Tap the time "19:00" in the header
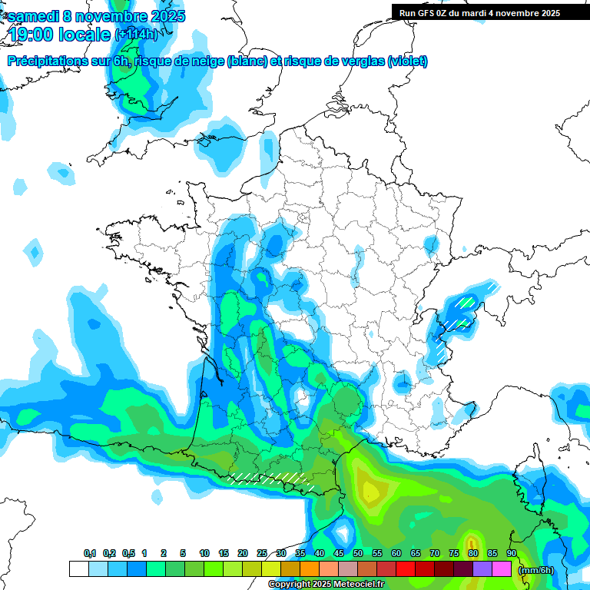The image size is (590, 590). tap(35, 35)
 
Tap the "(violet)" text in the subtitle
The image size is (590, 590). tap(408, 61)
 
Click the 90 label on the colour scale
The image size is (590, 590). tap(511, 554)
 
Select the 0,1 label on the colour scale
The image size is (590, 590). tap(89, 554)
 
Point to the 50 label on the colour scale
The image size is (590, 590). tap(358, 554)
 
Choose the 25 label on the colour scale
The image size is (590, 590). tap(262, 554)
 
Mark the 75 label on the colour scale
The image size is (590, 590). tap(454, 554)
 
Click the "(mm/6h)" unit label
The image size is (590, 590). tap(537, 570)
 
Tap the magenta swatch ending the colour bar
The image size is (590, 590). tap(502, 569)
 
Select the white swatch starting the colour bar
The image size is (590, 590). tap(78, 569)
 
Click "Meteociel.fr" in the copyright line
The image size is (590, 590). tap(359, 585)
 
